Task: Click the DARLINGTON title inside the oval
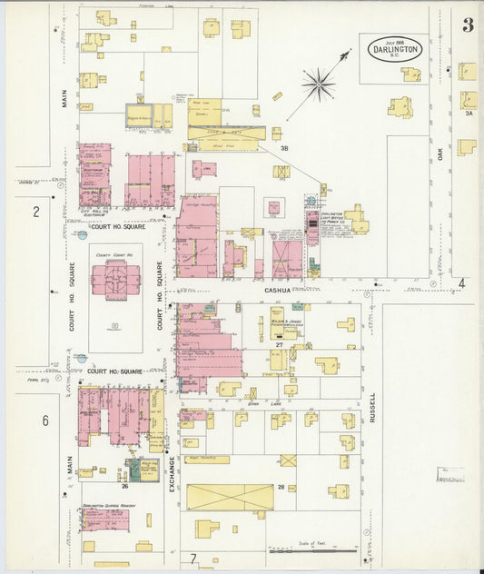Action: coord(395,50)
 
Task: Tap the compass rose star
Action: coord(319,86)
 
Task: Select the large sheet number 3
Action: coord(468,25)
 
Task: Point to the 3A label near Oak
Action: coord(469,114)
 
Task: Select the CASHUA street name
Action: coord(278,290)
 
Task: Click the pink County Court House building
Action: coord(115,282)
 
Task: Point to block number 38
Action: coord(284,147)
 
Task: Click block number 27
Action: coord(280,345)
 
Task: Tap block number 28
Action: coord(282,488)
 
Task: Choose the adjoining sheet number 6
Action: coord(44,421)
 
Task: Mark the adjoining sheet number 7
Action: coord(193,557)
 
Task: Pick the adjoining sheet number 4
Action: coord(461,283)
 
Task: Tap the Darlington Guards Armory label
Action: coord(103,506)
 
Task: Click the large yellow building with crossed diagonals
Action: coord(231,498)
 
